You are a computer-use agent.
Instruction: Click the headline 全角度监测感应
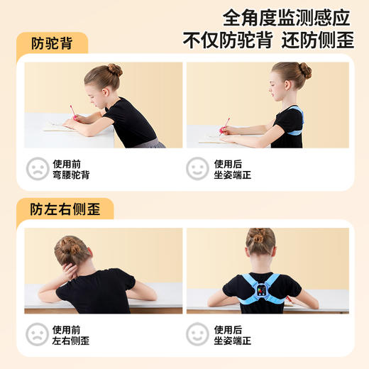point(287,16)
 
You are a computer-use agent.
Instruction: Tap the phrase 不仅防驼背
point(227,40)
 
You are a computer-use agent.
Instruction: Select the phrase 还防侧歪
point(317,40)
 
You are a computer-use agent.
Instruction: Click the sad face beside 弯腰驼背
point(38,168)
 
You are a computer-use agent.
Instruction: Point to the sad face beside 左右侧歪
point(38,334)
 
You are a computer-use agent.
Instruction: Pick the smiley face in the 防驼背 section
point(197,168)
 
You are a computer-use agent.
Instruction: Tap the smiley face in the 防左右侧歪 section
point(197,334)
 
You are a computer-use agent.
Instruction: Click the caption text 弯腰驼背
point(71,175)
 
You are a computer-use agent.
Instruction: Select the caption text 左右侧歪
point(71,341)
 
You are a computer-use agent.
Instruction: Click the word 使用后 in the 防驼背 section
point(228,163)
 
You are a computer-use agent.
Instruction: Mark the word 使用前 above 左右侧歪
point(66,329)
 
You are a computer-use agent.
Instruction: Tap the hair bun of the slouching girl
point(114,70)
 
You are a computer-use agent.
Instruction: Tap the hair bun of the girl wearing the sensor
point(261,235)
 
